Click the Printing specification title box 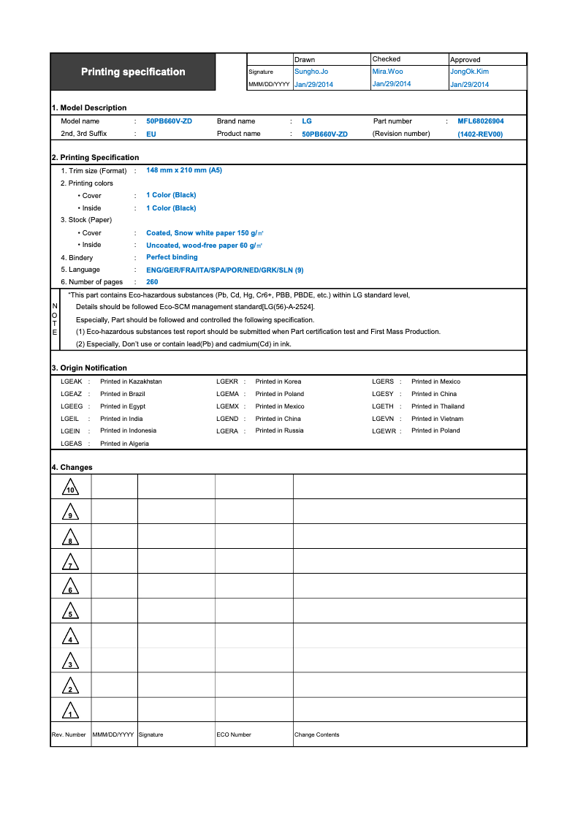click(133, 72)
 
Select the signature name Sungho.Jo click(311, 72)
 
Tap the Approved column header click(465, 60)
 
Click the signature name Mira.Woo click(387, 72)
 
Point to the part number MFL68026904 click(480, 121)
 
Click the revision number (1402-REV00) click(480, 134)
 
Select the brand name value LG click(306, 121)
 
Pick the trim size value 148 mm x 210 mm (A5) click(184, 170)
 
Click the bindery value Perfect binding click(172, 257)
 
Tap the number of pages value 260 click(152, 282)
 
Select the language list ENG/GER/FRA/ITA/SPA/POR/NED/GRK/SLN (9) click(224, 270)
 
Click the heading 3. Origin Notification click(89, 368)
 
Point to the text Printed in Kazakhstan click(131, 381)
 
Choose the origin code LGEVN click(383, 419)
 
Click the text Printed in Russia click(279, 430)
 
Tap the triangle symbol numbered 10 click(70, 487)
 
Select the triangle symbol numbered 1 click(70, 710)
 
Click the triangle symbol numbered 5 click(70, 612)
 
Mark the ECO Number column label click(234, 734)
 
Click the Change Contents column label click(316, 734)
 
